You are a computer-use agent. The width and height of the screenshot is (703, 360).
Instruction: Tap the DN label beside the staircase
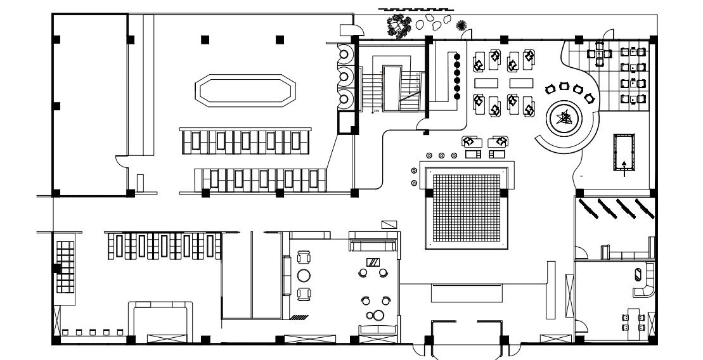pos(375,111)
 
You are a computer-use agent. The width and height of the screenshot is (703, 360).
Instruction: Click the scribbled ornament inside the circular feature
pos(564,117)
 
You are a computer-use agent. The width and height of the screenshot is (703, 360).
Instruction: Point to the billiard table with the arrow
pos(625,152)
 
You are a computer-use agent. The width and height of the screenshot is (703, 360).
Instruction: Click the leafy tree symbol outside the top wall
pos(400,26)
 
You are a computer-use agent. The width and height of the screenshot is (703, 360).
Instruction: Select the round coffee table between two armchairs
pos(303,275)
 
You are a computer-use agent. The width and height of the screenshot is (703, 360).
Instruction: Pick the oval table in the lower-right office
pos(639,274)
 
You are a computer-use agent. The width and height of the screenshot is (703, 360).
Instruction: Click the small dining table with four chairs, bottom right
pos(632,321)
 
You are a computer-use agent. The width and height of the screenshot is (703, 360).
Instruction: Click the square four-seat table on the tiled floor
pos(600,54)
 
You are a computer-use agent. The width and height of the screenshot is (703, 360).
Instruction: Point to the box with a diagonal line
pos(389,224)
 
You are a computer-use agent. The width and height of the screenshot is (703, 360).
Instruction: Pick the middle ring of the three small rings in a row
pos(441,155)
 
